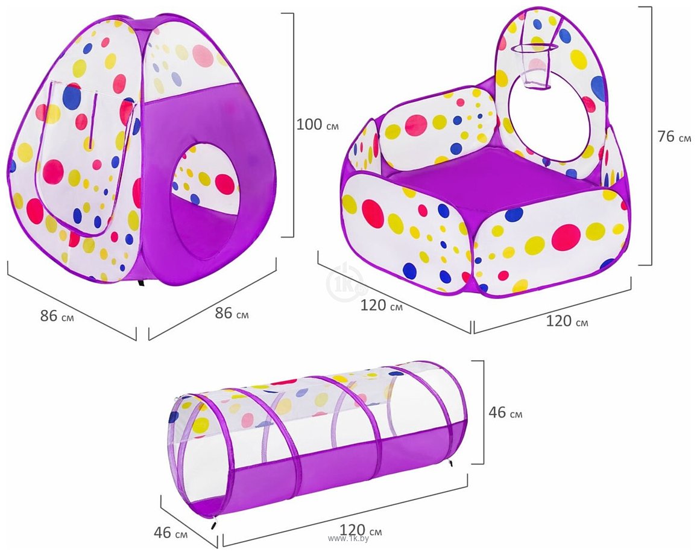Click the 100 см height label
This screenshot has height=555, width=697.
(317, 124)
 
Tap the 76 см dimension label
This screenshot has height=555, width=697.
(674, 136)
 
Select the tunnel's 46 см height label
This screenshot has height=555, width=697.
(505, 412)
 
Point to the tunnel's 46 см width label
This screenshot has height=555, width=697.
(170, 532)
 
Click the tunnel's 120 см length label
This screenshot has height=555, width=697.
(361, 530)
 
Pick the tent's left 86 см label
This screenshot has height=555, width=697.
(57, 316)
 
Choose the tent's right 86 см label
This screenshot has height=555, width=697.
(232, 313)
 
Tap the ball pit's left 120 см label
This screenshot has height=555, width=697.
(382, 305)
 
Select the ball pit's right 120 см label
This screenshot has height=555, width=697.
(567, 321)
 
